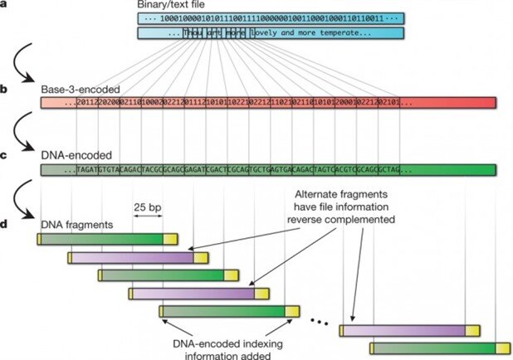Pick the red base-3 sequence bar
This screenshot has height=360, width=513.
268,103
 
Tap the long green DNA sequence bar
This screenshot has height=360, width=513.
268,170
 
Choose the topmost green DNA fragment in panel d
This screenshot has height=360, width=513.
104,239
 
